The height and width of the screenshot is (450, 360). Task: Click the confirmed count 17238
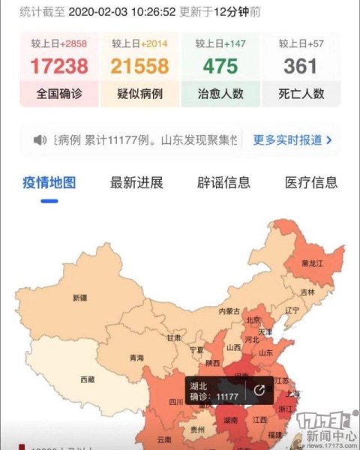(x=59, y=67)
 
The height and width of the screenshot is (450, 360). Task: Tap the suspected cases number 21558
(x=139, y=67)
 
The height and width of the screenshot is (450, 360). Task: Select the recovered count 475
(x=220, y=67)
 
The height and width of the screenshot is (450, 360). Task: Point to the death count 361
(x=300, y=67)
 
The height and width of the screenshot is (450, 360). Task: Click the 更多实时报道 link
(x=292, y=139)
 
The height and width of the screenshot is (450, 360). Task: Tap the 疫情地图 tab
(x=49, y=182)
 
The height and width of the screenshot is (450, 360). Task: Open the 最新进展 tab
(x=136, y=182)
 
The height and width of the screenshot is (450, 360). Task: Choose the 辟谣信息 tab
(x=223, y=182)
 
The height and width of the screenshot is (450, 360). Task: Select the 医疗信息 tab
(x=311, y=182)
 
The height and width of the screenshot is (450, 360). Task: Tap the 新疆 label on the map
(x=80, y=298)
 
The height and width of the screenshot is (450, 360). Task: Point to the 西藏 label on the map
(x=87, y=379)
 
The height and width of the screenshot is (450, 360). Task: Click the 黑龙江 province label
(x=313, y=264)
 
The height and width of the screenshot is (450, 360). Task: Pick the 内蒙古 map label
(x=229, y=310)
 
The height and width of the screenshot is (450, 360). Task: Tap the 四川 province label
(x=176, y=402)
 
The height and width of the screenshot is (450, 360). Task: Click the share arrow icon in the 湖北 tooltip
(x=259, y=390)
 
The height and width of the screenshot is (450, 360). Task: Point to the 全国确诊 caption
(x=59, y=94)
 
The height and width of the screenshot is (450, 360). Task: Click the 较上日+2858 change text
(x=59, y=44)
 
